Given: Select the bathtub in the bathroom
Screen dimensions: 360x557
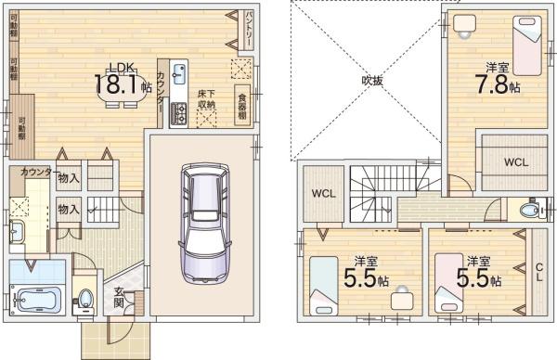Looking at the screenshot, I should (35, 301).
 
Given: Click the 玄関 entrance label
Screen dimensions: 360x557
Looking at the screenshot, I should (120, 299).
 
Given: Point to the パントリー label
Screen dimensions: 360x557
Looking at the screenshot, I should (253, 27).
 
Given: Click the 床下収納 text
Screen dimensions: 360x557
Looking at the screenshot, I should (206, 98).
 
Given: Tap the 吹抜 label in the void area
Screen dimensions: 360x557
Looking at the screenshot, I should (371, 81).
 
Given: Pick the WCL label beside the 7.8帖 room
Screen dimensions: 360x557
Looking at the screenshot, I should (516, 161).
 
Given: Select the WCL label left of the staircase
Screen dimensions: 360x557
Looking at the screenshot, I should (322, 194).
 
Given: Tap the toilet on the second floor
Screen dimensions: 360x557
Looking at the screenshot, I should (530, 211).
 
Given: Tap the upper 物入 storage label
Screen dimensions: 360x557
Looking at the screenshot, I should (68, 176).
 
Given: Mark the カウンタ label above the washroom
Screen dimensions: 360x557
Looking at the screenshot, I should (35, 173).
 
